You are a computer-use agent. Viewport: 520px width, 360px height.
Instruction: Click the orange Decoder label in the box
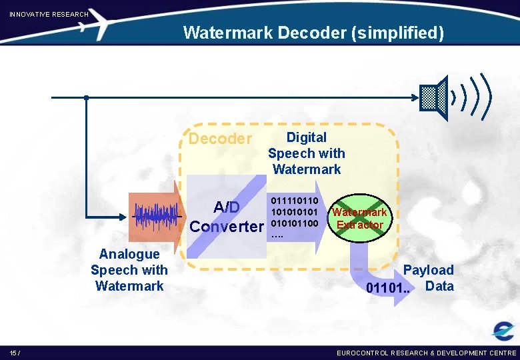click(x=220, y=139)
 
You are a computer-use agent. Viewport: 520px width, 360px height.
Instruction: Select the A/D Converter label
click(x=227, y=217)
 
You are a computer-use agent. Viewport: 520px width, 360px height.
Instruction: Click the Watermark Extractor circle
click(x=359, y=219)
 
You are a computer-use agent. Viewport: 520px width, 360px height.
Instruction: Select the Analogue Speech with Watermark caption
click(x=129, y=269)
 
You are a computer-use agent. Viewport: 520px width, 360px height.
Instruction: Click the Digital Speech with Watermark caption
click(x=306, y=153)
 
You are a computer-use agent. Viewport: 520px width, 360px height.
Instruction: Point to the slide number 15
click(x=14, y=352)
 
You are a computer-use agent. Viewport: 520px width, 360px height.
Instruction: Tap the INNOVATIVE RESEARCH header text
click(x=49, y=14)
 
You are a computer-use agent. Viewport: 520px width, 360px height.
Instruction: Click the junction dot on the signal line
click(x=86, y=98)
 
